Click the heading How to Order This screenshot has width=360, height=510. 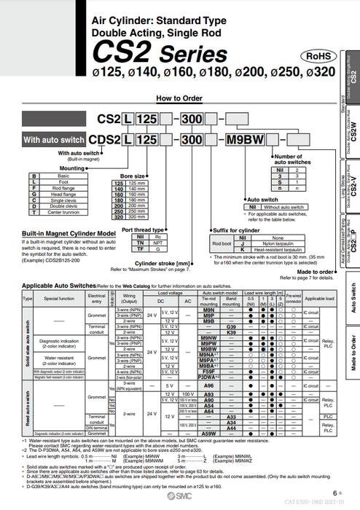(173, 98)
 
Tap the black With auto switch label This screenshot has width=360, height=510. (52, 138)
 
